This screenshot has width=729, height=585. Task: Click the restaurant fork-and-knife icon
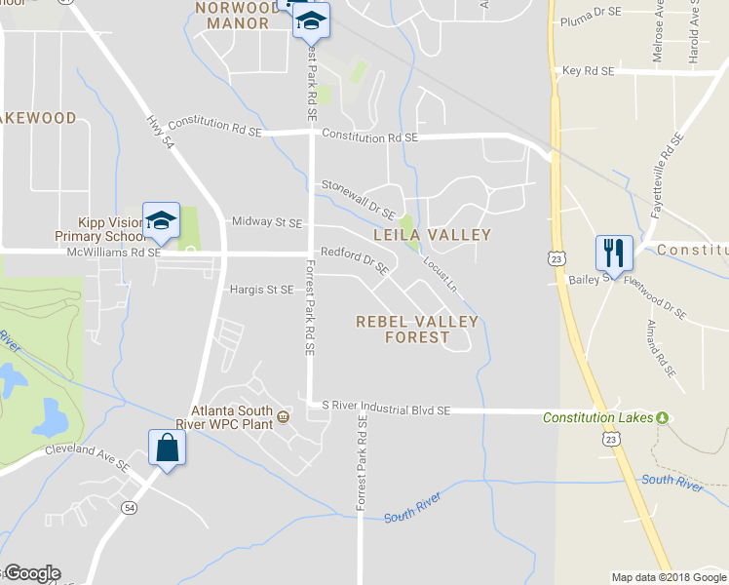614,252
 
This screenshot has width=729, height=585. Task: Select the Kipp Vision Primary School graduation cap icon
162,220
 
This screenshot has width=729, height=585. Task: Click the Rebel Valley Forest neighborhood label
417,330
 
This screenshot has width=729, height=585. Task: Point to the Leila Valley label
433,235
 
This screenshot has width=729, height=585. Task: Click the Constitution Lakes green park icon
663,418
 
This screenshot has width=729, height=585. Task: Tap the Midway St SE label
266,222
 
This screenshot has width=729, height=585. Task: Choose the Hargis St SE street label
261,290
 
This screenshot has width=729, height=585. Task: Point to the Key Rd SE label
589,71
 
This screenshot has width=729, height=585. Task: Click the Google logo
32,573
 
